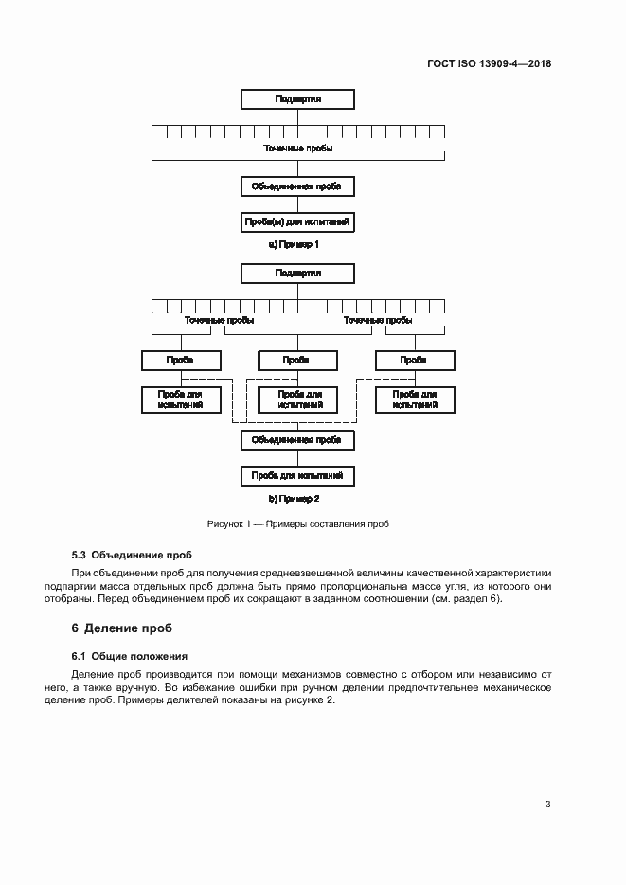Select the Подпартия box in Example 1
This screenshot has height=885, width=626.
297,98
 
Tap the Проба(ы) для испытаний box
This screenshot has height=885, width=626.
297,223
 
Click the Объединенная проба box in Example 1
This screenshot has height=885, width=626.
297,186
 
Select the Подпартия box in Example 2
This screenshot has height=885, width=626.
297,274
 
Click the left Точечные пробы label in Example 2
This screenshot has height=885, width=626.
219,321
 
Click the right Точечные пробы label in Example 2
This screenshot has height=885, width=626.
378,321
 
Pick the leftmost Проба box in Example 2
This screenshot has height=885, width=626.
180,361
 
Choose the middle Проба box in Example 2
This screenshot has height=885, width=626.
297,361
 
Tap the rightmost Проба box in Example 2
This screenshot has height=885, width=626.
413,361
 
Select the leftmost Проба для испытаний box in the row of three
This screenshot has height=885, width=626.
180,398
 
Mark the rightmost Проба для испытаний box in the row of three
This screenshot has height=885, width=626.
413,398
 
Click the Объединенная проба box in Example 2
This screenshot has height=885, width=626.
297,440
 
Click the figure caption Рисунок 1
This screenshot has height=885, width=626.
298,523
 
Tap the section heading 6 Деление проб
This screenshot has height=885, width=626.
123,628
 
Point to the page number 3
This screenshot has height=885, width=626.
547,805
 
